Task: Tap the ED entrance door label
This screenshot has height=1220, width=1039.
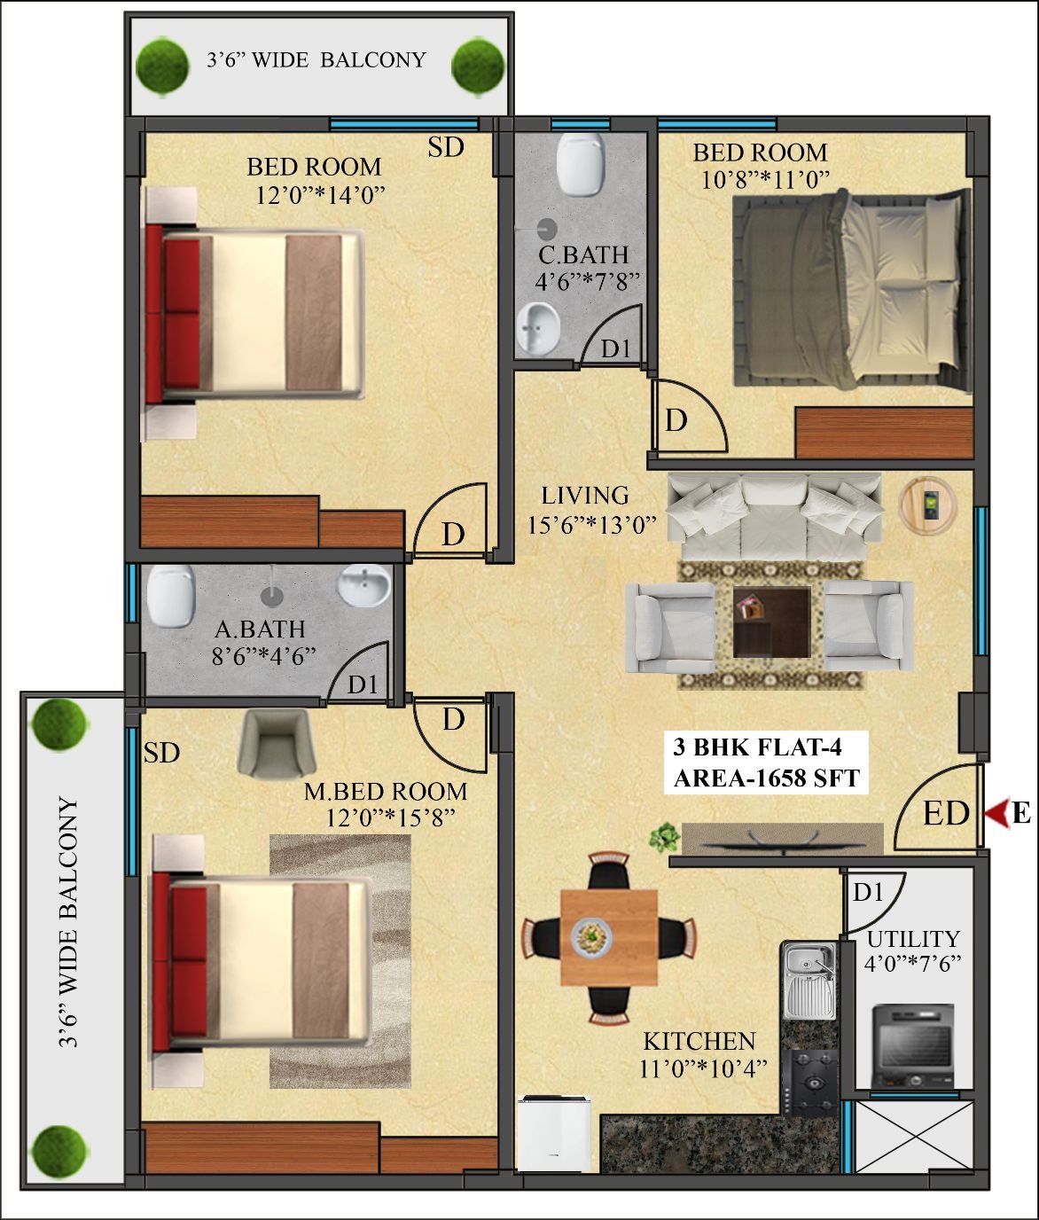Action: click(x=947, y=814)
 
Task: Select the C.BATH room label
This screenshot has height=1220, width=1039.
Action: click(x=583, y=255)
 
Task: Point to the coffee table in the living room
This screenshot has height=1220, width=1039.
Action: click(x=772, y=622)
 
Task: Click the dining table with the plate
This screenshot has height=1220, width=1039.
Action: click(x=609, y=937)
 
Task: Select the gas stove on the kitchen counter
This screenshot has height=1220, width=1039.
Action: click(x=814, y=1083)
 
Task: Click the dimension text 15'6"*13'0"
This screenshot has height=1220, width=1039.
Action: click(x=592, y=525)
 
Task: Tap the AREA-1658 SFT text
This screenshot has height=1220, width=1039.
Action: click(x=767, y=778)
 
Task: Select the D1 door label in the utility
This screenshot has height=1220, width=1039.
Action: click(x=867, y=893)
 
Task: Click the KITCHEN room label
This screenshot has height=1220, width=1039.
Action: click(x=699, y=1041)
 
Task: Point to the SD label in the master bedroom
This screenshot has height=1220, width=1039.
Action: click(x=161, y=753)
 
